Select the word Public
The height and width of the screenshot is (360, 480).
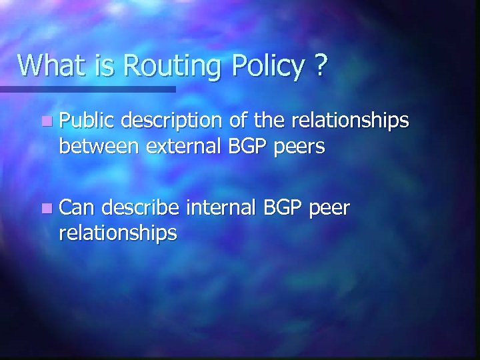point(87,120)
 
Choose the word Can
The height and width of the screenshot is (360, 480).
point(79,208)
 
